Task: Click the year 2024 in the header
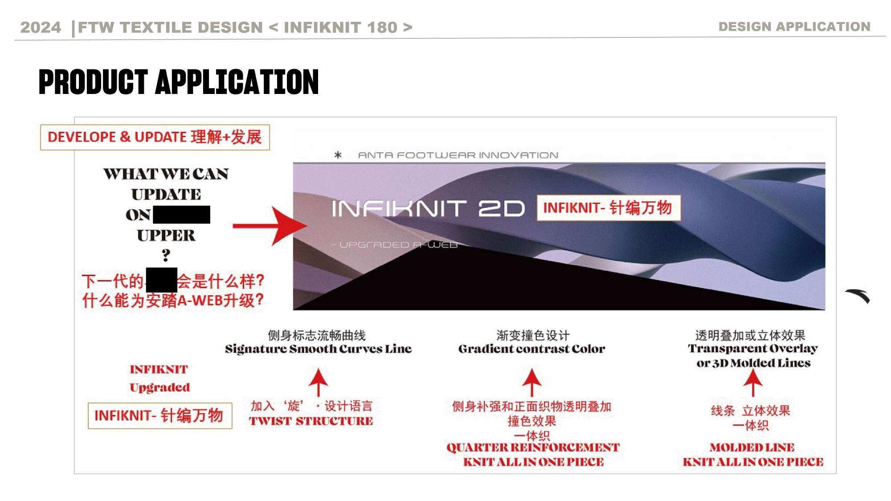(41, 27)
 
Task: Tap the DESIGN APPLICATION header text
(794, 27)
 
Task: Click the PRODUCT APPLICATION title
(179, 82)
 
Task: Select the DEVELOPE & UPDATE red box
(155, 137)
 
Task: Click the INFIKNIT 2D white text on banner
(428, 208)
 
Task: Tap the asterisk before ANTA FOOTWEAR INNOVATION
(338, 155)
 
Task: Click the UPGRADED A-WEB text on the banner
(396, 245)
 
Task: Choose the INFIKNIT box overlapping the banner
(608, 208)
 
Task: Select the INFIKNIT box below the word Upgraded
(159, 415)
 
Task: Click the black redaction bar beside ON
(181, 215)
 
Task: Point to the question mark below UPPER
(166, 255)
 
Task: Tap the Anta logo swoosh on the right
(858, 296)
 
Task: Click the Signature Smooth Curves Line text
(318, 349)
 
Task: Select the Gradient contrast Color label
(531, 349)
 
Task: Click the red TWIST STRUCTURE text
(311, 421)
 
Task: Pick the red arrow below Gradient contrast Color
(531, 382)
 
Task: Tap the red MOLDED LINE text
(752, 447)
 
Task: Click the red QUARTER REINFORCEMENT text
(533, 448)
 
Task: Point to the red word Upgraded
(159, 387)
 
